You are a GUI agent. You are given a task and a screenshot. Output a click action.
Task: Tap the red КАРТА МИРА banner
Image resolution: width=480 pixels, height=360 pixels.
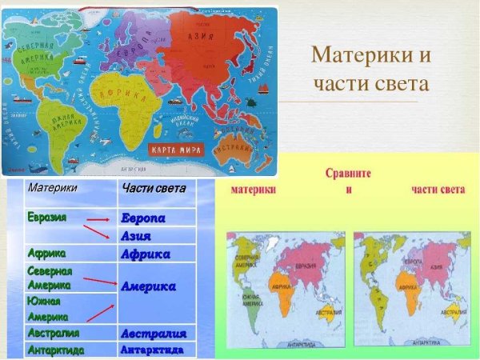click(x=177, y=149)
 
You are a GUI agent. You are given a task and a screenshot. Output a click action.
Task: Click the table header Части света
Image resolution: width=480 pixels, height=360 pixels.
click(x=154, y=189)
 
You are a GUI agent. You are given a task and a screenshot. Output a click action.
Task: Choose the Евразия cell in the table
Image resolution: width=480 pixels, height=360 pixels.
click(x=47, y=217)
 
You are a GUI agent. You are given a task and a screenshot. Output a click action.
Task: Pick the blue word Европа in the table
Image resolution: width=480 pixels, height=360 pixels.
click(x=143, y=218)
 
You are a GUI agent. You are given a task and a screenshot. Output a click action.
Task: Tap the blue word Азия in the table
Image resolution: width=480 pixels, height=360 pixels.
click(x=137, y=236)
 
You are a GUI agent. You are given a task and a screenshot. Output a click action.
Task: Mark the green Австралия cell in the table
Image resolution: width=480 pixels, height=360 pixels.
click(x=54, y=331)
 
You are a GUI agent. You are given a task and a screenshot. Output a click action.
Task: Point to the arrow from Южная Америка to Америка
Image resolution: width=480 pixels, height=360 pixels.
click(x=99, y=308)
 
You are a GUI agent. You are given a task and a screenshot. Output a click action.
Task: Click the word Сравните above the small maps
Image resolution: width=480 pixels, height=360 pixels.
click(x=348, y=173)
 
